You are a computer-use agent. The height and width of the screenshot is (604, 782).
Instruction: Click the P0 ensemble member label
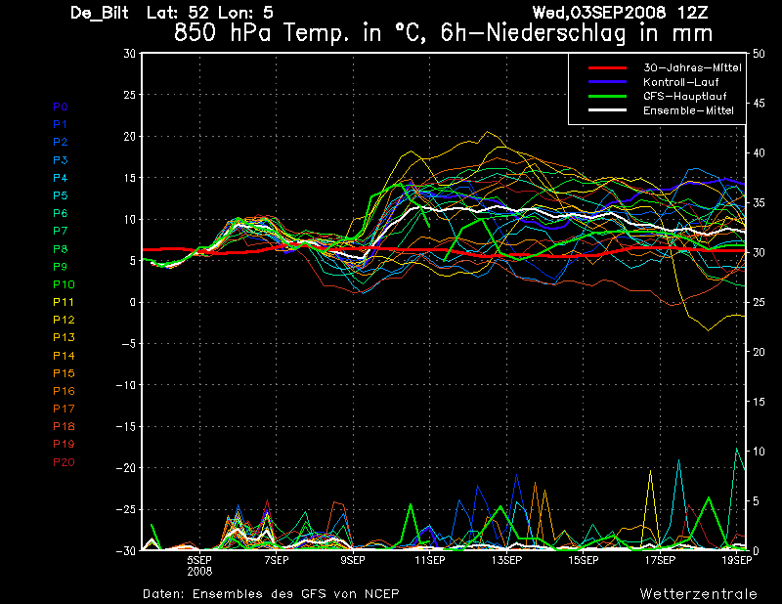click(x=61, y=107)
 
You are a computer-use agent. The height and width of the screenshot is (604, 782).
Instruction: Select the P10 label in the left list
click(x=64, y=284)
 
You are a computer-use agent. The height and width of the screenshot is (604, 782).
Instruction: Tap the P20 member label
click(x=64, y=462)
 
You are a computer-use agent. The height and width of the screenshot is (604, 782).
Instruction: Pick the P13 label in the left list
click(x=64, y=337)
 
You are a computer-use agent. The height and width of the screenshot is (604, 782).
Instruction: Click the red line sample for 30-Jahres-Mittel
click(x=607, y=67)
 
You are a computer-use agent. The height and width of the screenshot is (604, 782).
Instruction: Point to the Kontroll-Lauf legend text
click(x=680, y=82)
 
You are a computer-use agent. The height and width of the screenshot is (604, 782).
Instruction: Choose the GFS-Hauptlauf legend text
click(x=685, y=96)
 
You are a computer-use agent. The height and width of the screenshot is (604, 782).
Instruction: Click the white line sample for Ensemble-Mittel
click(x=607, y=110)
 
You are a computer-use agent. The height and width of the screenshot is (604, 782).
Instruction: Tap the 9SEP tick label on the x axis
click(x=353, y=561)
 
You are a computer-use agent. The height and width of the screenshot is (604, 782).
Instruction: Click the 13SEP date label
click(x=506, y=561)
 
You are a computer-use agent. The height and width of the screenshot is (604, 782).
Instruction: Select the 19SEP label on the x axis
click(x=737, y=561)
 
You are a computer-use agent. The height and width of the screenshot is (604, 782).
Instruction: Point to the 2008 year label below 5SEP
click(x=199, y=571)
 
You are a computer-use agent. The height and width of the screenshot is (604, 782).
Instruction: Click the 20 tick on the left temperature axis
click(x=129, y=136)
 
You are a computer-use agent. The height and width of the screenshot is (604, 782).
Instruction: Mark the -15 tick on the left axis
click(x=126, y=426)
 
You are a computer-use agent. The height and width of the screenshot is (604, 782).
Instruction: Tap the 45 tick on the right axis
click(x=759, y=104)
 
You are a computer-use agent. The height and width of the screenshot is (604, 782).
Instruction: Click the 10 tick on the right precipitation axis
click(x=759, y=452)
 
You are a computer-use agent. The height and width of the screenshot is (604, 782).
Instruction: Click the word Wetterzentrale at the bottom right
click(x=699, y=594)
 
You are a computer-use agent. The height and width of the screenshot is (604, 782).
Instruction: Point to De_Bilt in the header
click(x=100, y=13)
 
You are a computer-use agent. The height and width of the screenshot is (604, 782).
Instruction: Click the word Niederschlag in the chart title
click(x=555, y=34)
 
